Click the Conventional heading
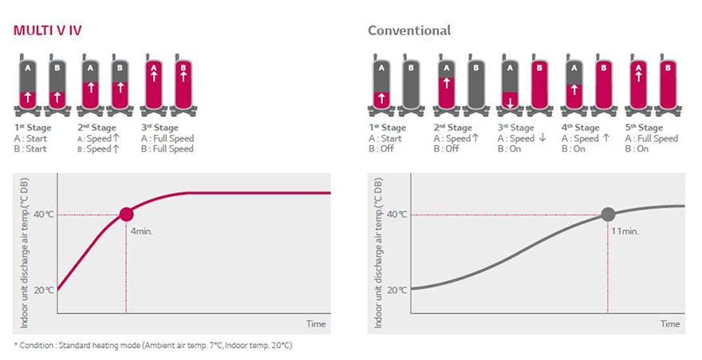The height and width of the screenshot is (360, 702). click(x=409, y=30)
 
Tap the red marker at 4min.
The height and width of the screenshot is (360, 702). click(x=126, y=214)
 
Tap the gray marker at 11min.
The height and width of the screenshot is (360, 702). click(x=608, y=214)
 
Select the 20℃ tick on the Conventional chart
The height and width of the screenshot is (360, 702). click(x=396, y=289)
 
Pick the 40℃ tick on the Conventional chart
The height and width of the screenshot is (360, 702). click(x=396, y=214)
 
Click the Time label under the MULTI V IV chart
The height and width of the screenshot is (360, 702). click(x=317, y=323)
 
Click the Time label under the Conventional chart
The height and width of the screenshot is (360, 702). click(x=670, y=323)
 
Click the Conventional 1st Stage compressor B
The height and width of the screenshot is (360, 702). click(x=411, y=84)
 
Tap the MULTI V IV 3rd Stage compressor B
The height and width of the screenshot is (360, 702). click(x=183, y=84)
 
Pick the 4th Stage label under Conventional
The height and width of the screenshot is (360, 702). click(x=581, y=128)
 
